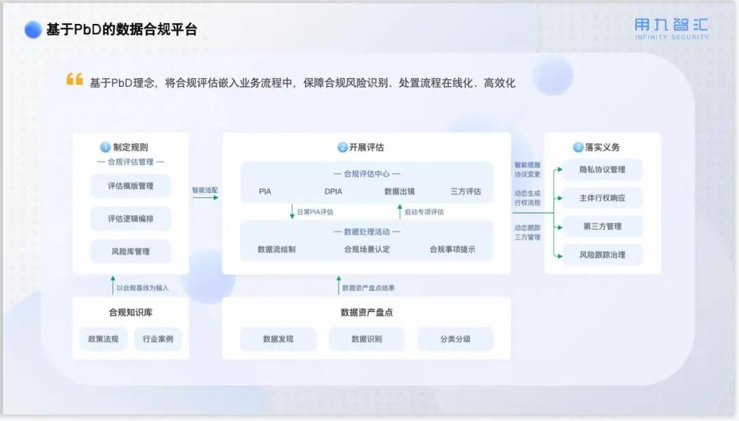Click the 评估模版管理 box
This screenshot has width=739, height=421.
click(130, 186)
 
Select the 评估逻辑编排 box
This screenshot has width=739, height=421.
click(130, 218)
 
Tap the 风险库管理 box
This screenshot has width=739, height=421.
click(130, 251)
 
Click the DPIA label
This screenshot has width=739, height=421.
click(333, 192)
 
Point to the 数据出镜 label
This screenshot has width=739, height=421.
click(400, 192)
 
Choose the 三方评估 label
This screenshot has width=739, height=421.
click(465, 192)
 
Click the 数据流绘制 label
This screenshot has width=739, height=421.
click(276, 249)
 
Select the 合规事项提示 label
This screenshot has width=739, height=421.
click(452, 249)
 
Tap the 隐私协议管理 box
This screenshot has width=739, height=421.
click(602, 170)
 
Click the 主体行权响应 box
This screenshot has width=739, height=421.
click(602, 199)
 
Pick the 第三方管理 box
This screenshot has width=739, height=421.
click(602, 227)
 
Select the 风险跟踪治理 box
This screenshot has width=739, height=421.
click(602, 255)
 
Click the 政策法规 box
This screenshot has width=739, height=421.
click(103, 339)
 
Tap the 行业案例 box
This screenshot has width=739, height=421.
click(158, 339)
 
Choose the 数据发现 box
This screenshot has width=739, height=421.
click(278, 339)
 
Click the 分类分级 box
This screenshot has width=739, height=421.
click(455, 339)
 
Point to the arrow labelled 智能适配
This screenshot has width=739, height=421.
click(205, 197)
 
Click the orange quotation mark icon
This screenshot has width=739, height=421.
click(75, 79)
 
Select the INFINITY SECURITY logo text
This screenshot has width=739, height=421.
click(671, 37)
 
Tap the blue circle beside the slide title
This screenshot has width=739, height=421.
click(33, 29)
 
